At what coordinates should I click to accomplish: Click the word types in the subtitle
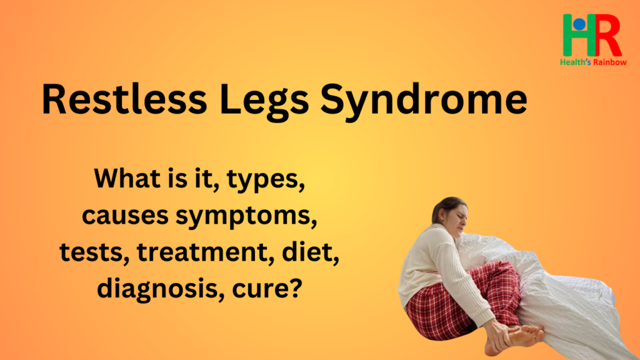[265, 181]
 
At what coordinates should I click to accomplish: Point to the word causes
[125, 216]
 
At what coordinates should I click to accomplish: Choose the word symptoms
[246, 217]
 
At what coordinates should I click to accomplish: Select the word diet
[310, 251]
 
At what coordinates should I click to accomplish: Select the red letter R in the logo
[606, 35]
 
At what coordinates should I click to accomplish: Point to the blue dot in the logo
[579, 24]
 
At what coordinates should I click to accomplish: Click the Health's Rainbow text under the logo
[594, 62]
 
